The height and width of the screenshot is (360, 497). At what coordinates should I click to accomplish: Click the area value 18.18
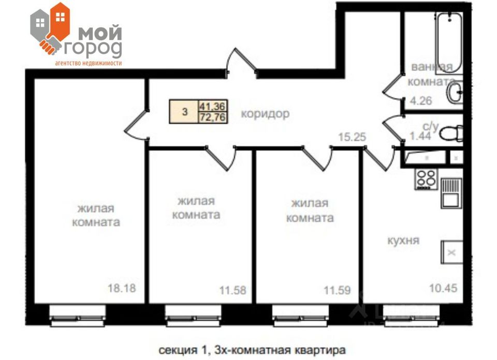[122, 288]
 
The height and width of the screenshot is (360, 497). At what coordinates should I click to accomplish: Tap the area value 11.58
[232, 290]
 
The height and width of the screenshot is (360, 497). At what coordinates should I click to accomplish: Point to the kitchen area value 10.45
[444, 288]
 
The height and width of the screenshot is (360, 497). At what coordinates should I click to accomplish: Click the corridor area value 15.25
[352, 137]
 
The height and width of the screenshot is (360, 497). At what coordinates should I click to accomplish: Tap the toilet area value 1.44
[420, 136]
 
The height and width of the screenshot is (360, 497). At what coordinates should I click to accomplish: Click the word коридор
[265, 114]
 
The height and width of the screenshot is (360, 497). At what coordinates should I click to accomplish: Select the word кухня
[403, 241]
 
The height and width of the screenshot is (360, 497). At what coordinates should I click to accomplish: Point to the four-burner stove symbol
[426, 178]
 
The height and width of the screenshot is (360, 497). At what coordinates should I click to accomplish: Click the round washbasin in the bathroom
[456, 94]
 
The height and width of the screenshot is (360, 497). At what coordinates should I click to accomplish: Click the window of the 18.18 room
[78, 313]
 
